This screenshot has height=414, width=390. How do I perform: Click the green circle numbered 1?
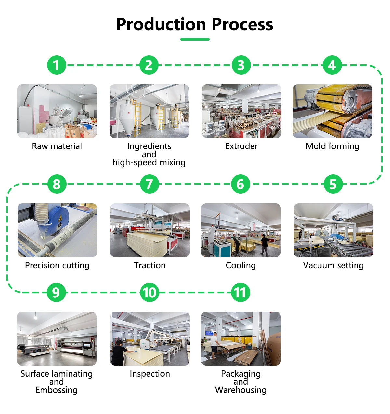click(x=57, y=65)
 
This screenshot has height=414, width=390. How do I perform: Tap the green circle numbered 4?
click(x=332, y=65)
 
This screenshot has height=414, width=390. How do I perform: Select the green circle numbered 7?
click(x=149, y=184)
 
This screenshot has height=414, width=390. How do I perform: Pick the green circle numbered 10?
click(x=149, y=292)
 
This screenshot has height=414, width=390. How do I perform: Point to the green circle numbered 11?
click(x=240, y=292)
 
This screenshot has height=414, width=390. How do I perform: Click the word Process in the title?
click(x=242, y=25)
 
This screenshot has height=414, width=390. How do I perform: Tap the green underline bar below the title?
click(x=195, y=39)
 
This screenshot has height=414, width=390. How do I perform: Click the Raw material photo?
click(x=57, y=111)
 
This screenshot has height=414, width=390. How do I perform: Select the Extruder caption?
click(x=241, y=146)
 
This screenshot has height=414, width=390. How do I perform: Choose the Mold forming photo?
click(x=332, y=111)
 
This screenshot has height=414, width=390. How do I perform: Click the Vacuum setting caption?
click(x=333, y=265)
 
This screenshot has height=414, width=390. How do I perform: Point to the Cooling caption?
click(x=241, y=265)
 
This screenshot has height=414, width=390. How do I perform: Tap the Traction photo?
click(x=150, y=230)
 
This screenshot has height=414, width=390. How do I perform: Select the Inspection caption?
click(x=150, y=374)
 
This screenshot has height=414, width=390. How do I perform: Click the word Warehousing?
click(x=241, y=390)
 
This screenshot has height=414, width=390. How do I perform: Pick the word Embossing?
click(x=57, y=390)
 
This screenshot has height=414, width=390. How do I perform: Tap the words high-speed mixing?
click(x=149, y=163)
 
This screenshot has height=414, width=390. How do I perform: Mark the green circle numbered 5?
click(x=333, y=184)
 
